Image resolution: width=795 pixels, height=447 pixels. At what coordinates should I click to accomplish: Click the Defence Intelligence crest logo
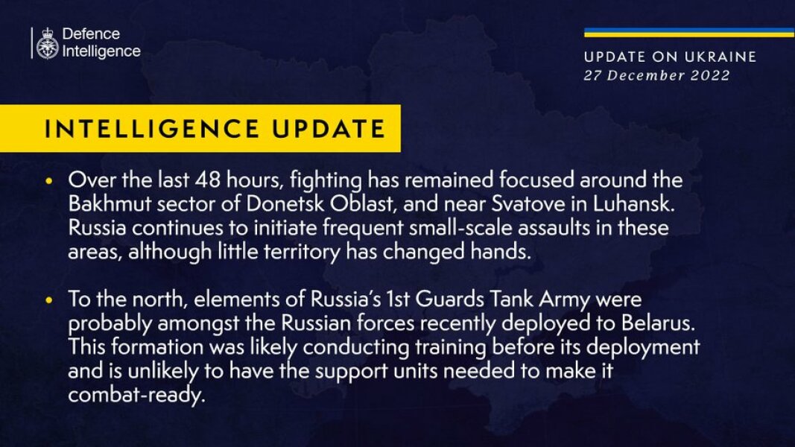48,43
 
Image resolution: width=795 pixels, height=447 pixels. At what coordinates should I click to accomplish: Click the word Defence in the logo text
91,34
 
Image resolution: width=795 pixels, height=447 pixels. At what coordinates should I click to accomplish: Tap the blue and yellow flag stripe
688,32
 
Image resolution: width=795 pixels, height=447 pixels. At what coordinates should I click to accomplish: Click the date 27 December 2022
656,75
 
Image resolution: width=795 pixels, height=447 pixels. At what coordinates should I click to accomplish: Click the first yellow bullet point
50,183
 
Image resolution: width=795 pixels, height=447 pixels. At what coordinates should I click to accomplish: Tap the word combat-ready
135,394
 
